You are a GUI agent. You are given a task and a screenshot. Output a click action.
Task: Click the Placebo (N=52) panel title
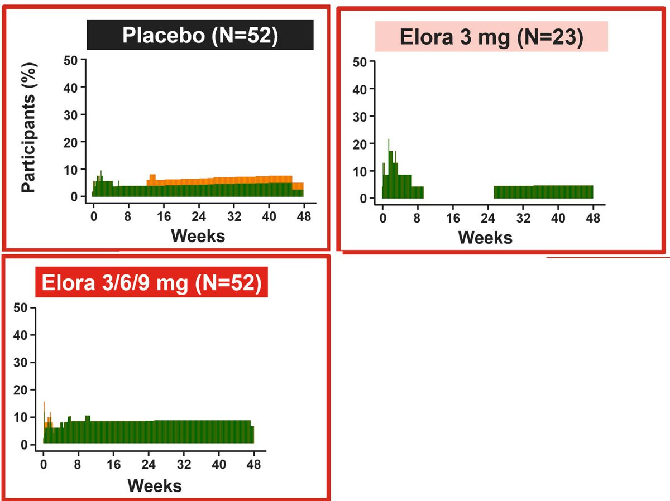click(x=200, y=35)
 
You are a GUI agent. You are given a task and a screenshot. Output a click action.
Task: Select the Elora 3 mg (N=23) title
click(x=491, y=37)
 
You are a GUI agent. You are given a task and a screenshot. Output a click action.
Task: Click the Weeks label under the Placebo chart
click(x=198, y=235)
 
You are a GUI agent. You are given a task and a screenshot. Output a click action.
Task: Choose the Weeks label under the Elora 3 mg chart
click(x=485, y=238)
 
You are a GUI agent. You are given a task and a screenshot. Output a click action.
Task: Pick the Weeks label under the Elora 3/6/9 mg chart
click(x=155, y=485)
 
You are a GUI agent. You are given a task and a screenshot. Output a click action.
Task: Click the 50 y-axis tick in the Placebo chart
click(x=74, y=59)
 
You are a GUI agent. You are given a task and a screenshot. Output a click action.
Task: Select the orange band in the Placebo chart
click(x=223, y=180)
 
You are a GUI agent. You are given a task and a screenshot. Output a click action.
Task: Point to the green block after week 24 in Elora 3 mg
click(x=543, y=192)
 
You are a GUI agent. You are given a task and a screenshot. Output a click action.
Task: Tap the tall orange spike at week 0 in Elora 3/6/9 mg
click(x=44, y=406)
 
